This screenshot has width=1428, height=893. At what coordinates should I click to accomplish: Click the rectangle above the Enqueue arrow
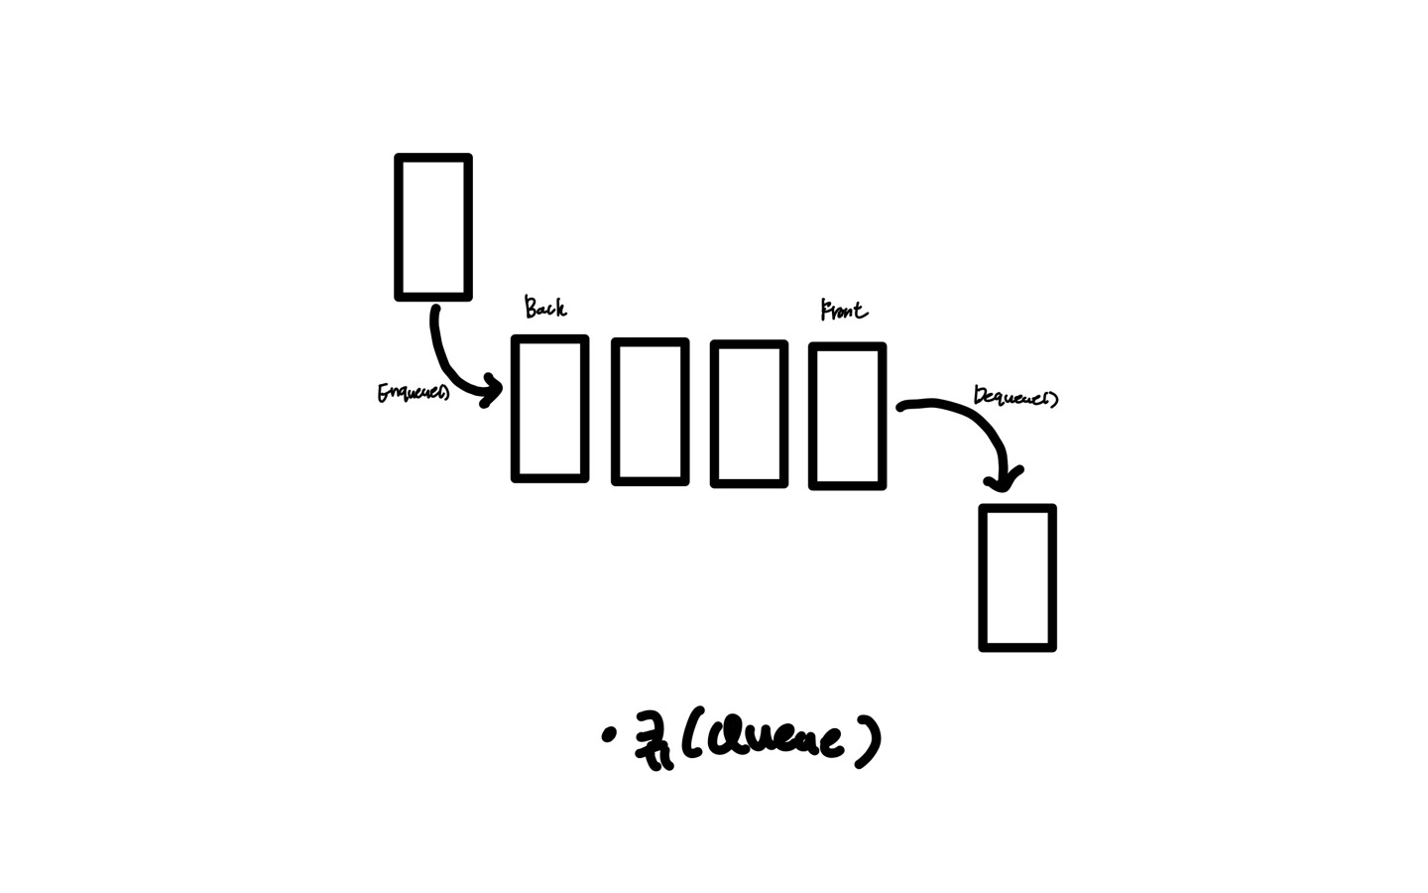(x=433, y=227)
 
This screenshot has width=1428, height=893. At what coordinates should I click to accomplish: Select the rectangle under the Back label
(x=549, y=409)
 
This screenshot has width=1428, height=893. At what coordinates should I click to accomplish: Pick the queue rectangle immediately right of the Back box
(x=650, y=412)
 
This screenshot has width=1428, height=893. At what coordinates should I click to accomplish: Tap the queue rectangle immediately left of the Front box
(x=749, y=414)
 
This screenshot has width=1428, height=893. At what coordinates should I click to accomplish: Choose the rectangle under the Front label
(x=847, y=416)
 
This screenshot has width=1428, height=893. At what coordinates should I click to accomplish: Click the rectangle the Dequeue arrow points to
(x=1017, y=577)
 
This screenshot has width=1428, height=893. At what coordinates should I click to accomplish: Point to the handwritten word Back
(x=545, y=308)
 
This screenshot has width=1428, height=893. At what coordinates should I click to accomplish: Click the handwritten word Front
(x=844, y=311)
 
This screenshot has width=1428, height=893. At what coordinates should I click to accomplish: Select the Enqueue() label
(x=413, y=393)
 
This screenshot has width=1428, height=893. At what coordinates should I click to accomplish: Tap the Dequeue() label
(x=1014, y=397)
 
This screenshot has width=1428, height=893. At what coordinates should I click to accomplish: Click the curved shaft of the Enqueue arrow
(x=442, y=359)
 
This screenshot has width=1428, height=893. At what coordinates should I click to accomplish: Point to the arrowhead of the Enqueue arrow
(x=491, y=391)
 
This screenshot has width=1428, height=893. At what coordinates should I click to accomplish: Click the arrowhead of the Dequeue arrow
(x=1004, y=480)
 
